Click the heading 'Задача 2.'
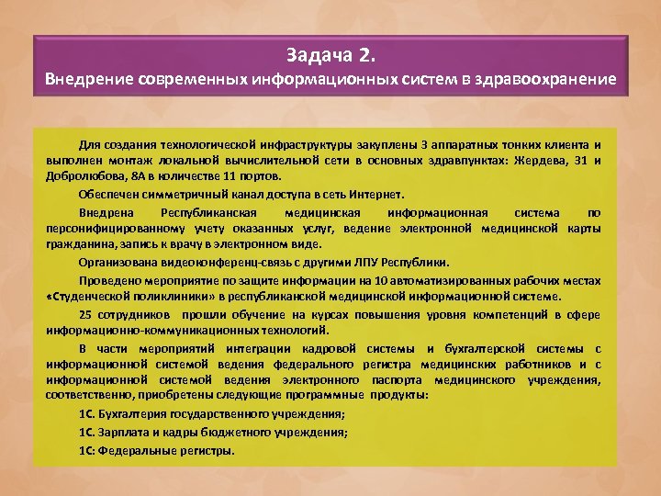(x=330, y=52)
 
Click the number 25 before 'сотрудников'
(x=88, y=314)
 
